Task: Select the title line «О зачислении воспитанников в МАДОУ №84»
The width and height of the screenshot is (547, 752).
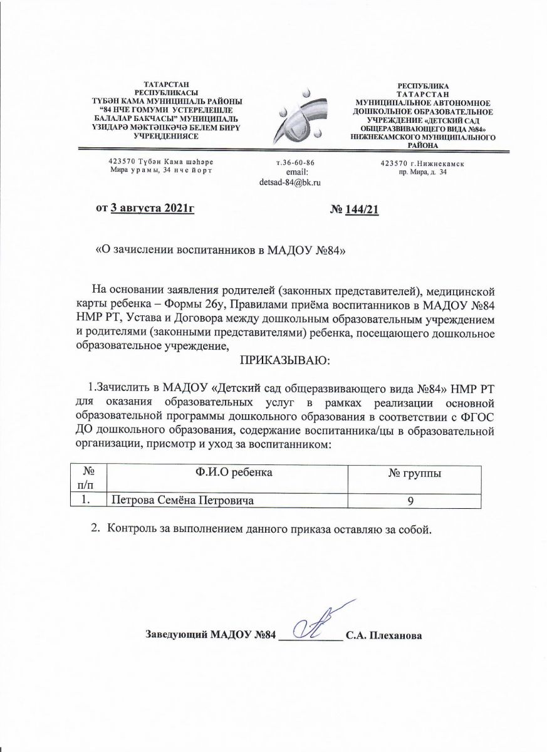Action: pyautogui.click(x=219, y=249)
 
